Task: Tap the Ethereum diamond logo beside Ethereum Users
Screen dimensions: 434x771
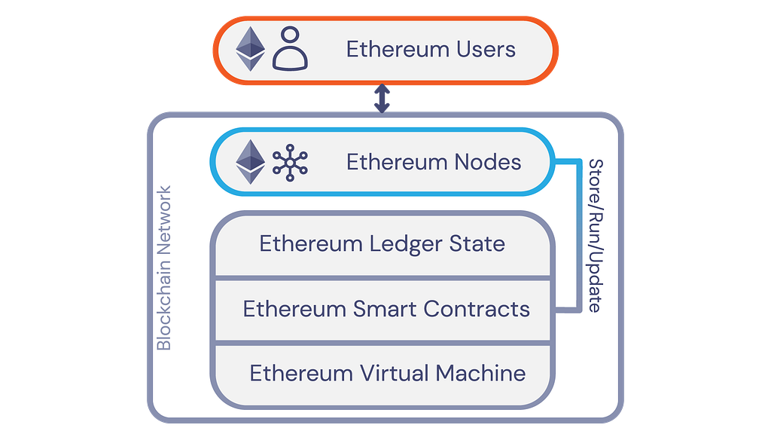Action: click(x=251, y=49)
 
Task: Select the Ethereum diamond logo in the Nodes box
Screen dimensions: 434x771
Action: click(x=251, y=161)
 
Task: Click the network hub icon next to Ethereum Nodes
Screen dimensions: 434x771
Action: click(x=290, y=162)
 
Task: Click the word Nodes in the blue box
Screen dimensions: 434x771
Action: click(x=488, y=162)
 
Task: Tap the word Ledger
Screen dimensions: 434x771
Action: click(x=412, y=244)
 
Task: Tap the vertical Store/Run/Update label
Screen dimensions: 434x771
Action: click(x=595, y=235)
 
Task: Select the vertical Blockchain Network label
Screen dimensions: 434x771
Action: click(x=164, y=268)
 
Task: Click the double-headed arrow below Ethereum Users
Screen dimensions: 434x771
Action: click(x=383, y=99)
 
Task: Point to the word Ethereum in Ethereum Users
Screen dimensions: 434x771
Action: click(x=388, y=50)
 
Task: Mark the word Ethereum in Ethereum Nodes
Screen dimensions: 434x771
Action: click(x=388, y=162)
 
